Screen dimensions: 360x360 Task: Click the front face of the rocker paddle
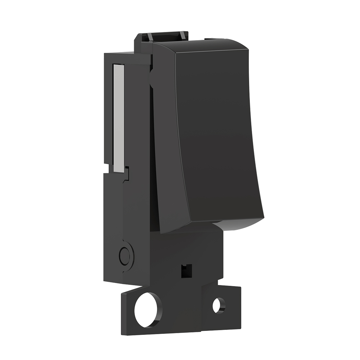coord(216,133)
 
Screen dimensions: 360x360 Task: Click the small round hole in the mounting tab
coord(218,306)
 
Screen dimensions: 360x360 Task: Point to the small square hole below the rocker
coord(185,270)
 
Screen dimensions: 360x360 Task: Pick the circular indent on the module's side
coord(125,256)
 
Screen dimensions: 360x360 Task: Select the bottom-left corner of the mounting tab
coord(123,333)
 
